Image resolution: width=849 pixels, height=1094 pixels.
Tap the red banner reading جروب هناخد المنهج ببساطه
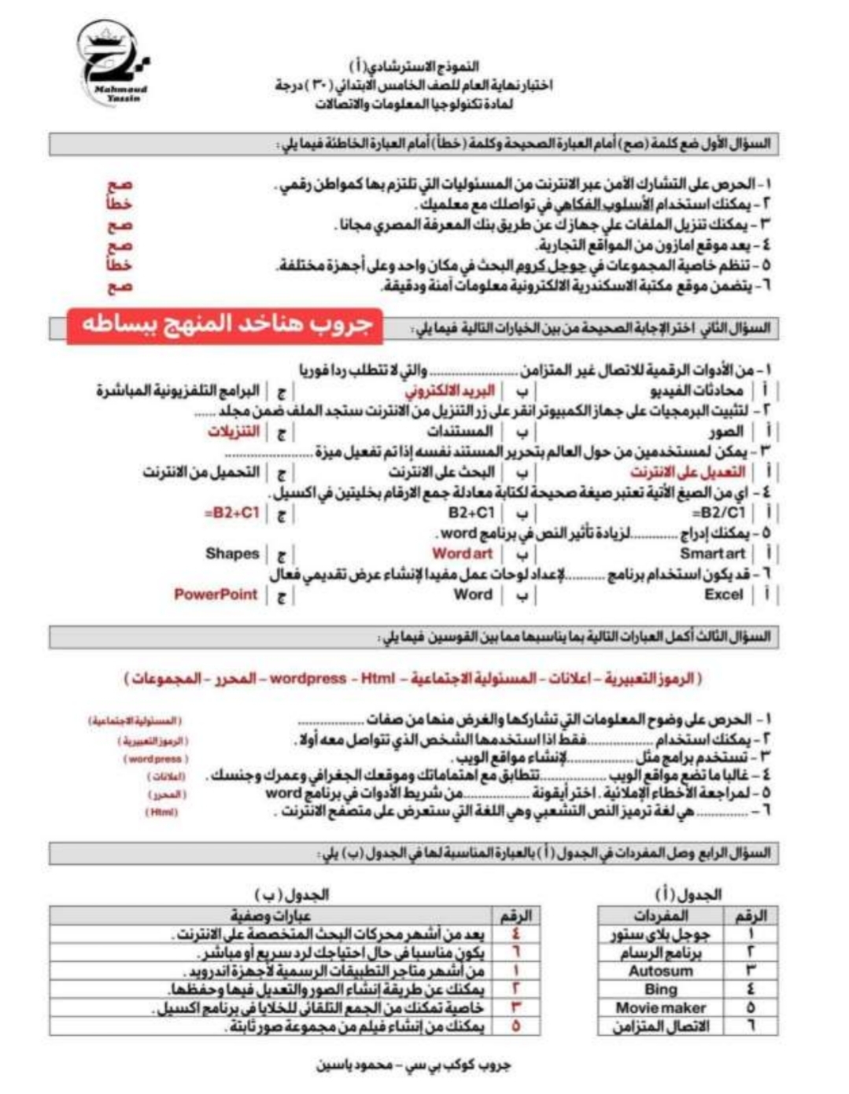click(x=225, y=325)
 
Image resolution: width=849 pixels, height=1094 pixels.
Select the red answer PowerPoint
click(x=216, y=594)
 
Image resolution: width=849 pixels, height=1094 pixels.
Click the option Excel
click(x=723, y=595)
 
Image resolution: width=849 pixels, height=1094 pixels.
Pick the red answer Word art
click(x=462, y=553)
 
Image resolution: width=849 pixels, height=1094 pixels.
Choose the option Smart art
click(x=712, y=553)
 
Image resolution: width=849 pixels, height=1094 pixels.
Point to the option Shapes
click(x=232, y=553)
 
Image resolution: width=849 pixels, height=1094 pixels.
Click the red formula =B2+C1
click(x=231, y=512)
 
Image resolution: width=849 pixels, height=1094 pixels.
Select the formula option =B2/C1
click(x=718, y=512)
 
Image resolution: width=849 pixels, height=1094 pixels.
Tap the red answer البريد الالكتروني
click(x=450, y=390)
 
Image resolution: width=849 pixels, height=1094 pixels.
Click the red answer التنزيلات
click(x=234, y=431)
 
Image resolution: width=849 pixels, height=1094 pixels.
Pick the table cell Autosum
click(x=660, y=971)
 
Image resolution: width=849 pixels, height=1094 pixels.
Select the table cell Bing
click(x=660, y=989)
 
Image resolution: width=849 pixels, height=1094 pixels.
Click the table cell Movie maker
click(x=660, y=1007)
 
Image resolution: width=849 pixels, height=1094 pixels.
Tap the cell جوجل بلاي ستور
click(x=660, y=934)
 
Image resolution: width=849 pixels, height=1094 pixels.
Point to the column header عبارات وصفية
click(x=271, y=915)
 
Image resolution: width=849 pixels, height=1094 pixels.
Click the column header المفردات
click(x=660, y=915)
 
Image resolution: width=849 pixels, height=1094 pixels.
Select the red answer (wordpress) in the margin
click(x=155, y=759)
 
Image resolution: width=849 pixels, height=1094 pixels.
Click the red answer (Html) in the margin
click(x=161, y=812)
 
